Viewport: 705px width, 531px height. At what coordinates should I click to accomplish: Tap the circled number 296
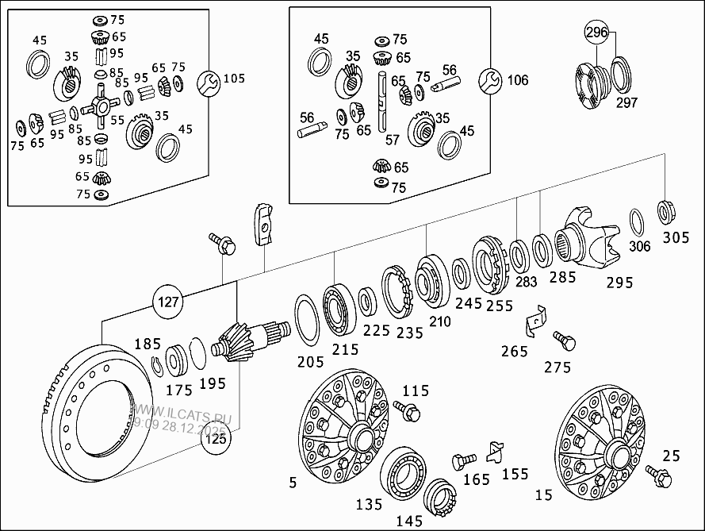tap(597, 33)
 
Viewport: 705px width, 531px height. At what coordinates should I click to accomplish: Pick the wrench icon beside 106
tap(492, 79)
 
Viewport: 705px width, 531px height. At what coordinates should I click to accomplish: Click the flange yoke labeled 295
tap(590, 237)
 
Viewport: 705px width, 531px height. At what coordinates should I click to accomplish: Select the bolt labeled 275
tap(566, 341)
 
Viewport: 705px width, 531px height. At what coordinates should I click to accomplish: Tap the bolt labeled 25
tap(658, 475)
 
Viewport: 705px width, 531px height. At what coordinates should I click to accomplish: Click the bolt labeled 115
tap(411, 411)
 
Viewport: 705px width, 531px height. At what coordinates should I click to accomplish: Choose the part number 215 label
tap(344, 349)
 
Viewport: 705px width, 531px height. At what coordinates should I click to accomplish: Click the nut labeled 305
tap(666, 212)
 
